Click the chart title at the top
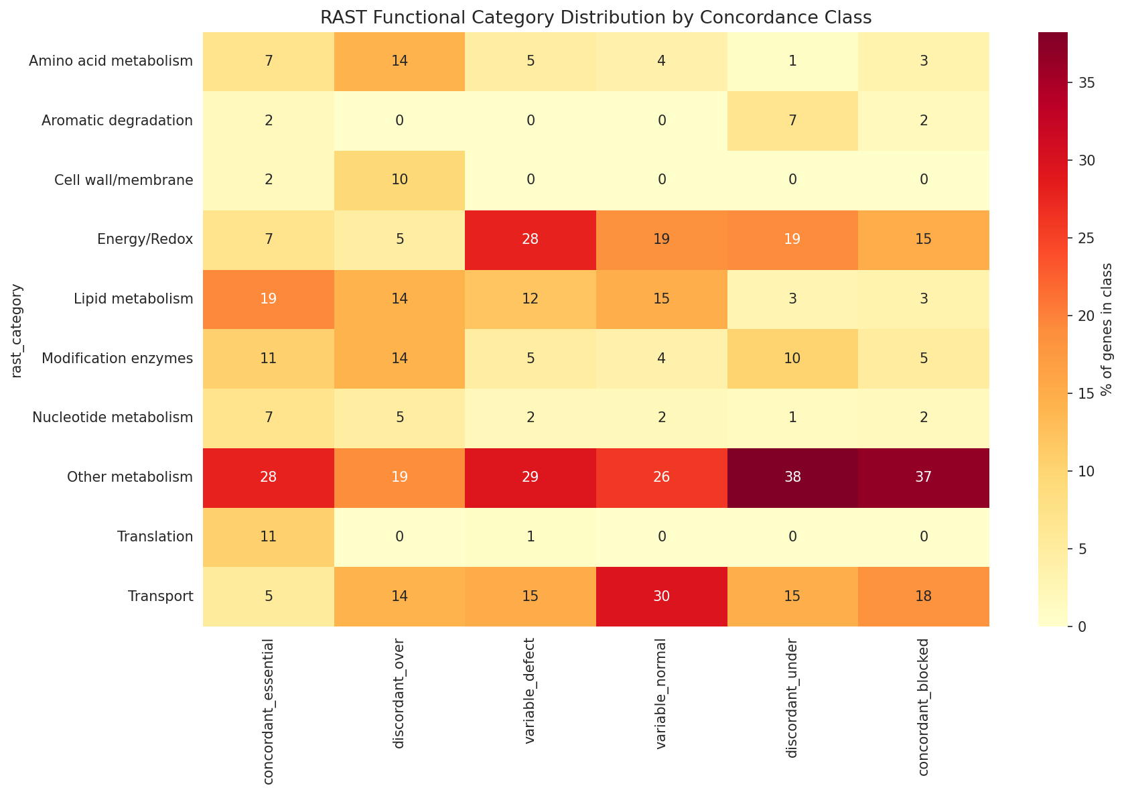(595, 18)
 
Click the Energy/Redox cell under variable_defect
(531, 239)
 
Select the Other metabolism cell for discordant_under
(792, 478)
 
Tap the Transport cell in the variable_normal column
(661, 596)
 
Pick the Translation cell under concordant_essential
(268, 537)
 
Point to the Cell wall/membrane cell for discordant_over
(399, 180)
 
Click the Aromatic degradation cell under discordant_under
(792, 121)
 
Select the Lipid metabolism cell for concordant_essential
(268, 299)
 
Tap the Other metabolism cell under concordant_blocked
(924, 478)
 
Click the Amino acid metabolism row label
(111, 62)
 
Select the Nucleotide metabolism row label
(113, 418)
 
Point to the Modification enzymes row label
(117, 358)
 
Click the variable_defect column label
(531, 700)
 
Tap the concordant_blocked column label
(924, 708)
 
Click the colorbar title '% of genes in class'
(1107, 329)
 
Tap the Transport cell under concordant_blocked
(924, 596)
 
